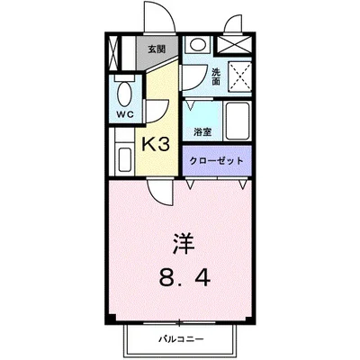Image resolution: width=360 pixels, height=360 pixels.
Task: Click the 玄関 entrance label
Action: coord(157,49)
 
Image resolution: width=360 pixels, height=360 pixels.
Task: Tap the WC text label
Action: coord(124,115)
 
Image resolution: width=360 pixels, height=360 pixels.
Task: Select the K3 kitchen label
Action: coord(158,142)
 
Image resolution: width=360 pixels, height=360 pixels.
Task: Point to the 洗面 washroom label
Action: coord(216,76)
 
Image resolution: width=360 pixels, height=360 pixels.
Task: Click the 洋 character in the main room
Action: coord(183,242)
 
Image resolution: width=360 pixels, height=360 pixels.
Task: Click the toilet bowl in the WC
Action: coord(125,92)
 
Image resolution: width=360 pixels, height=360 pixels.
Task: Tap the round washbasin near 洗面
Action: coord(197,45)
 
